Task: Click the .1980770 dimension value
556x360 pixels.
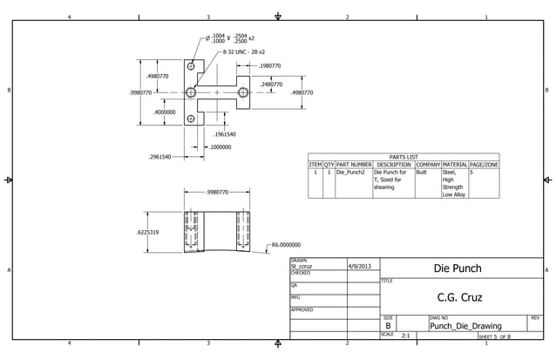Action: [x=269, y=65]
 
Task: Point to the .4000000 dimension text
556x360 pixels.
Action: [x=165, y=112]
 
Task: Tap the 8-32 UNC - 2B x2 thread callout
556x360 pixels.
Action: [x=247, y=52]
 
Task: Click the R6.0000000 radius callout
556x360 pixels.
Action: [x=286, y=246]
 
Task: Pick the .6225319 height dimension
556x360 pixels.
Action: [x=146, y=233]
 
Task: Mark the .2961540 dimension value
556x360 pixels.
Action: [x=159, y=157]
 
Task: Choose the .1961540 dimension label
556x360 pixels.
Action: [x=225, y=134]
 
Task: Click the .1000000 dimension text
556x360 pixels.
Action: [x=220, y=147]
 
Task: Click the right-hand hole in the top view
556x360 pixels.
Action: [x=243, y=92]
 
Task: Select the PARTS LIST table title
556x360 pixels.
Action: [x=403, y=157]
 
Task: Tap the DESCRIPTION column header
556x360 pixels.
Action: [x=394, y=165]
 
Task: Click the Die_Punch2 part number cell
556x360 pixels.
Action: [x=350, y=173]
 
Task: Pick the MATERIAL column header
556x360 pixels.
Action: [x=454, y=165]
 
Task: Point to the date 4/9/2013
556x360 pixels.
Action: [x=359, y=266]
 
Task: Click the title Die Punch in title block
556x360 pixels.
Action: [x=458, y=268]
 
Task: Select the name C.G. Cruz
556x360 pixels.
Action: [x=459, y=297]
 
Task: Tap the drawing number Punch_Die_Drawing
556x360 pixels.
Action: [x=464, y=326]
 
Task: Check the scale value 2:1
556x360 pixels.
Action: [x=405, y=335]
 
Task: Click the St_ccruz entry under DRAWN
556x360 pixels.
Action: [x=302, y=266]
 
